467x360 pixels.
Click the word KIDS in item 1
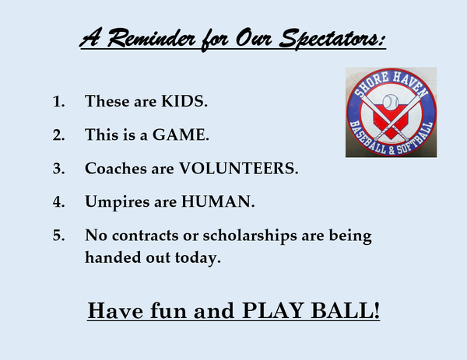click(184, 101)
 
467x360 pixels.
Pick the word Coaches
click(116, 169)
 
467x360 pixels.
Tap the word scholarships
click(250, 236)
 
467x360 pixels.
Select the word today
click(198, 258)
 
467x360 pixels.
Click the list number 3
click(58, 169)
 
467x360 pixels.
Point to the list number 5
click(58, 236)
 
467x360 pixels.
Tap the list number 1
click(58, 101)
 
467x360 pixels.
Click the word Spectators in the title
click(332, 40)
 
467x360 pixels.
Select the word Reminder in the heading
click(151, 38)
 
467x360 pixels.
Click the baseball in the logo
click(391, 102)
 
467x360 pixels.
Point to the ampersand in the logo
click(391, 150)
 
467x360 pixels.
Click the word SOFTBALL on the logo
click(415, 139)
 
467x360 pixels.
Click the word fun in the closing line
click(169, 311)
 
